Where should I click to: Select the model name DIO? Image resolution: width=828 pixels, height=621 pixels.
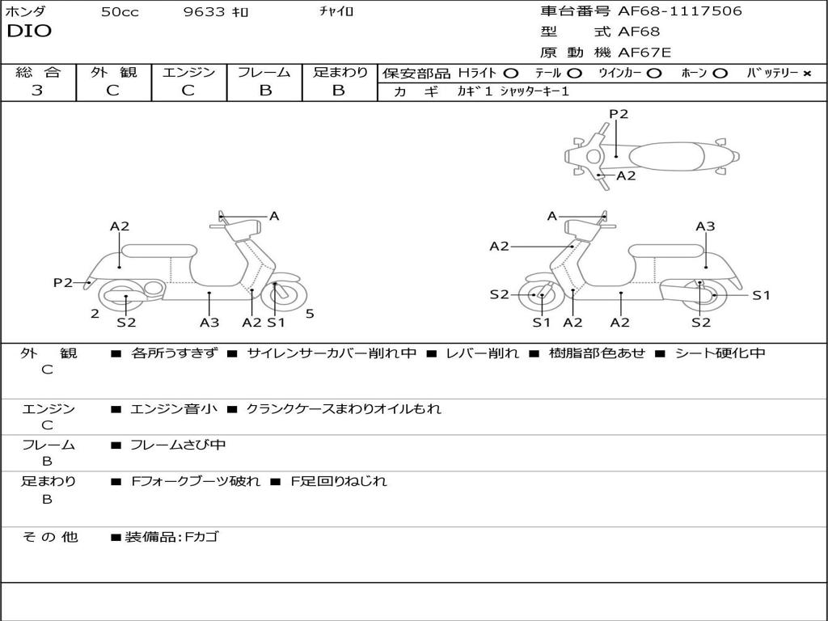29,32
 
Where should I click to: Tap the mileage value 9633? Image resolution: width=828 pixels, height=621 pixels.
207,12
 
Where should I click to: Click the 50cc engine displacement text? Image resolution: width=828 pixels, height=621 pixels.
120,12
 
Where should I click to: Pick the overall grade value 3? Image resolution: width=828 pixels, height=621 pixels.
37,91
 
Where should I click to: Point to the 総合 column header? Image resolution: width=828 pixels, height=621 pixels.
38,72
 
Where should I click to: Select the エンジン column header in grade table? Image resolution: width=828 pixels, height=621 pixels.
188,72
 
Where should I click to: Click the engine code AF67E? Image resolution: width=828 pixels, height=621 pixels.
644,53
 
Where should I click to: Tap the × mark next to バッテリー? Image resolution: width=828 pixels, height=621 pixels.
806,74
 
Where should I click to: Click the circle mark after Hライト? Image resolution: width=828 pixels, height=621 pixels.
510,74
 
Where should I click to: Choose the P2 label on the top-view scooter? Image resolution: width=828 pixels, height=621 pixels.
619,114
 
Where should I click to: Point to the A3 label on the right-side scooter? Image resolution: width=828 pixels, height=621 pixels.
705,226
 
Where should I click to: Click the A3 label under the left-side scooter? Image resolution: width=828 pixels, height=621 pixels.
209,322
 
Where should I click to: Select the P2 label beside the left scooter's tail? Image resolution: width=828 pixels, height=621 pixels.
63,282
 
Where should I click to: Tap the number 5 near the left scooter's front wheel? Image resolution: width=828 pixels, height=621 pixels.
310,314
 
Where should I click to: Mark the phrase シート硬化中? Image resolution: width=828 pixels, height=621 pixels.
720,353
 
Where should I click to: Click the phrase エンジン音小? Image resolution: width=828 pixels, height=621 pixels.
174,409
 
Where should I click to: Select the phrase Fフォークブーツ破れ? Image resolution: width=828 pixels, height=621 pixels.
196,481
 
